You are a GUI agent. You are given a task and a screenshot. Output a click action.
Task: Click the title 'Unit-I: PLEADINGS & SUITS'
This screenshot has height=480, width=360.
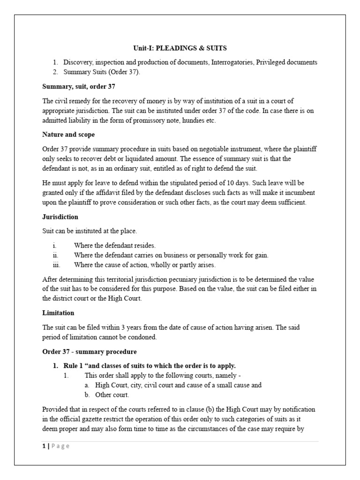[180, 48]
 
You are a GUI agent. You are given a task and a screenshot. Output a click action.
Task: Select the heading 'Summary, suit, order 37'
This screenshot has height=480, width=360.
[79, 86]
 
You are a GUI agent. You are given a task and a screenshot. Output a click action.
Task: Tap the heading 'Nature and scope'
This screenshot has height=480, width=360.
[68, 135]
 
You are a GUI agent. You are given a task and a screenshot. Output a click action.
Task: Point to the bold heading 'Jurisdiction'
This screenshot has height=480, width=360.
[60, 217]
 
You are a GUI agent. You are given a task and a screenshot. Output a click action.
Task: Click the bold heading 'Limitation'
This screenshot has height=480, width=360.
[59, 313]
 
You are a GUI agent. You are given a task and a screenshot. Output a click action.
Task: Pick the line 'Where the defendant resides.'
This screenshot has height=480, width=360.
[114, 245]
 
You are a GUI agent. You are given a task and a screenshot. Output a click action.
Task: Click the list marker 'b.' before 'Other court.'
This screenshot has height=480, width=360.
[87, 394]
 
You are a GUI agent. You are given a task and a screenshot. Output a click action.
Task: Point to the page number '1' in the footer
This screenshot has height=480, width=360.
[44, 446]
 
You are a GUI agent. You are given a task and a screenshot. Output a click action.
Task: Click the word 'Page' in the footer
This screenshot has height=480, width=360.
[60, 446]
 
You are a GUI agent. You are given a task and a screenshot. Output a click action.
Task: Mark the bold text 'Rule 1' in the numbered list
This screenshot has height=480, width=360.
[75, 366]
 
